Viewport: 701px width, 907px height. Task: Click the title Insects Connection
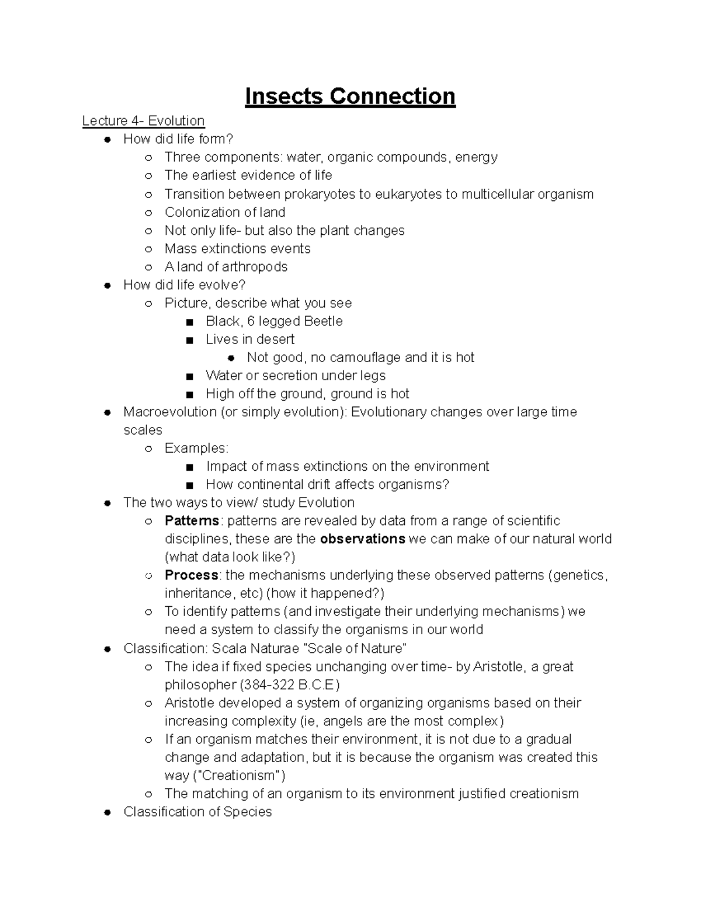350,96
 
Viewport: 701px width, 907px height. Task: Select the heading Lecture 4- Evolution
143,121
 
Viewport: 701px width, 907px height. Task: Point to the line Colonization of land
225,212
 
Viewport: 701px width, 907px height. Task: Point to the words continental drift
289,484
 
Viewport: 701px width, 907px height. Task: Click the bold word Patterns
192,521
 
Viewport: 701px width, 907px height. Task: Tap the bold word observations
363,539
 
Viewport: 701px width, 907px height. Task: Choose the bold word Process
191,575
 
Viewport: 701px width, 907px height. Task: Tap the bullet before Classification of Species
107,812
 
